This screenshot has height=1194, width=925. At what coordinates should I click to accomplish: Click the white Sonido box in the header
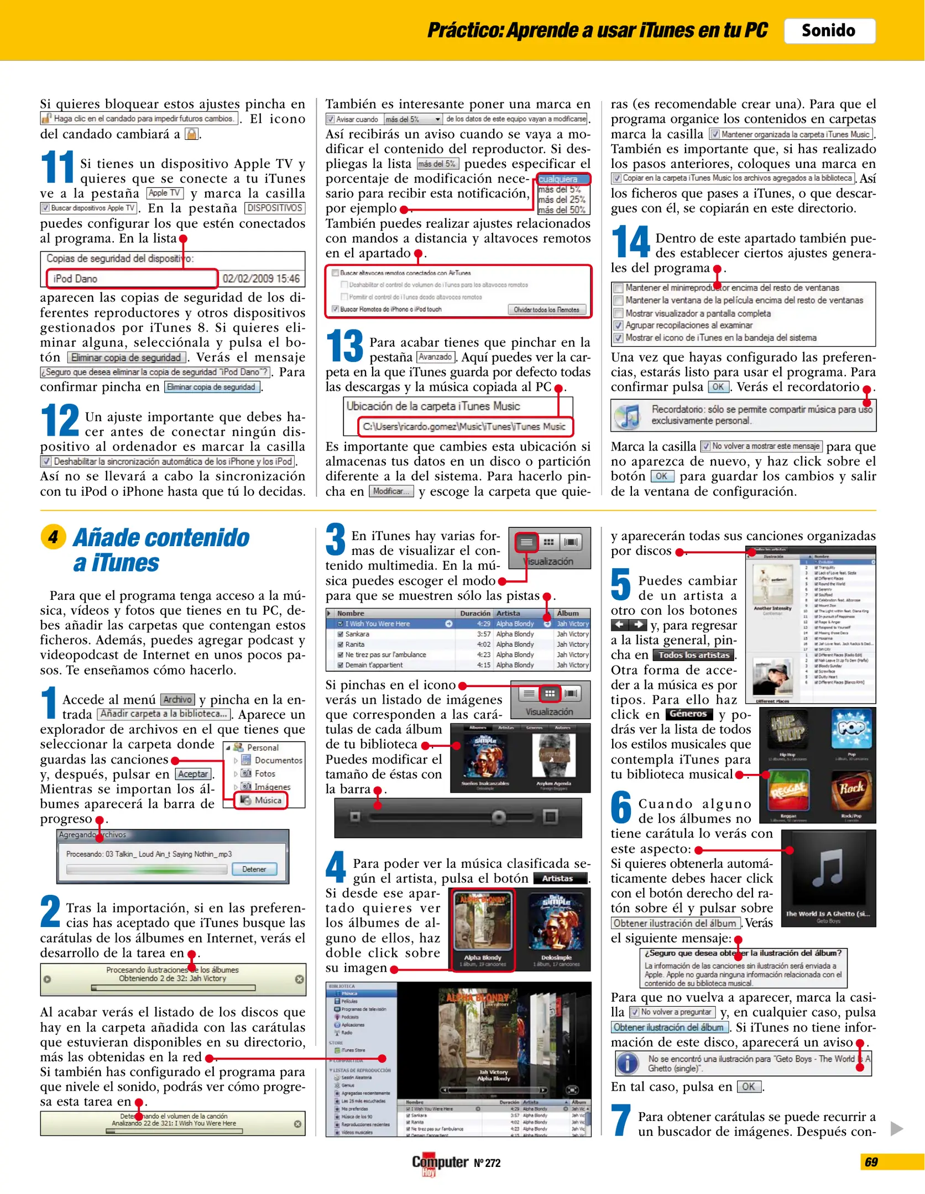[x=828, y=31]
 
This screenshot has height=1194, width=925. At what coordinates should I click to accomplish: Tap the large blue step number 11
[x=58, y=167]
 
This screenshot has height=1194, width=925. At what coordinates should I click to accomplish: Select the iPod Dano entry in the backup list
[x=132, y=279]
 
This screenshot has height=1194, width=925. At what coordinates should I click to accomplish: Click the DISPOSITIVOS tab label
[x=275, y=208]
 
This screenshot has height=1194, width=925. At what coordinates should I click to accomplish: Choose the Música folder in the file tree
[x=262, y=800]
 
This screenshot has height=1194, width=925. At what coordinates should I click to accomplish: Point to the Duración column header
[x=475, y=613]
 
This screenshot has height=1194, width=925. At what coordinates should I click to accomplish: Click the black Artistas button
[x=558, y=878]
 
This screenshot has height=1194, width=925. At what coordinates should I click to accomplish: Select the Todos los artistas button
[x=694, y=655]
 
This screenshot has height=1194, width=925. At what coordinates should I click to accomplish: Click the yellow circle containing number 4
[x=53, y=537]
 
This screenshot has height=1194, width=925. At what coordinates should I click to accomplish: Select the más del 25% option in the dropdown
[x=562, y=200]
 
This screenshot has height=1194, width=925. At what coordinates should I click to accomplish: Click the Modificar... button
[x=391, y=491]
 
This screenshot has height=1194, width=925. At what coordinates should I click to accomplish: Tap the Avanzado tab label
[x=436, y=357]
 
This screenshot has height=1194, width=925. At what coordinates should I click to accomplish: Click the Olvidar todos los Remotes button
[x=546, y=310]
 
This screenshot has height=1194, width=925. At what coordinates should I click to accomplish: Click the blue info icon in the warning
[x=628, y=1063]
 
